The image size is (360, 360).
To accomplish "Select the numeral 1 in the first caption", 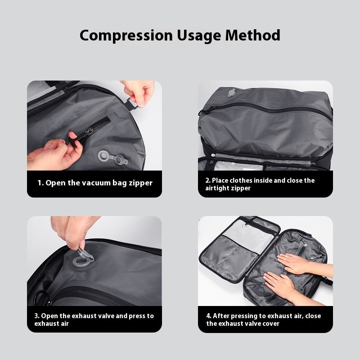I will click(39, 183).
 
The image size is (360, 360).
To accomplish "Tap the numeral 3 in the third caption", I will click(36, 315).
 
